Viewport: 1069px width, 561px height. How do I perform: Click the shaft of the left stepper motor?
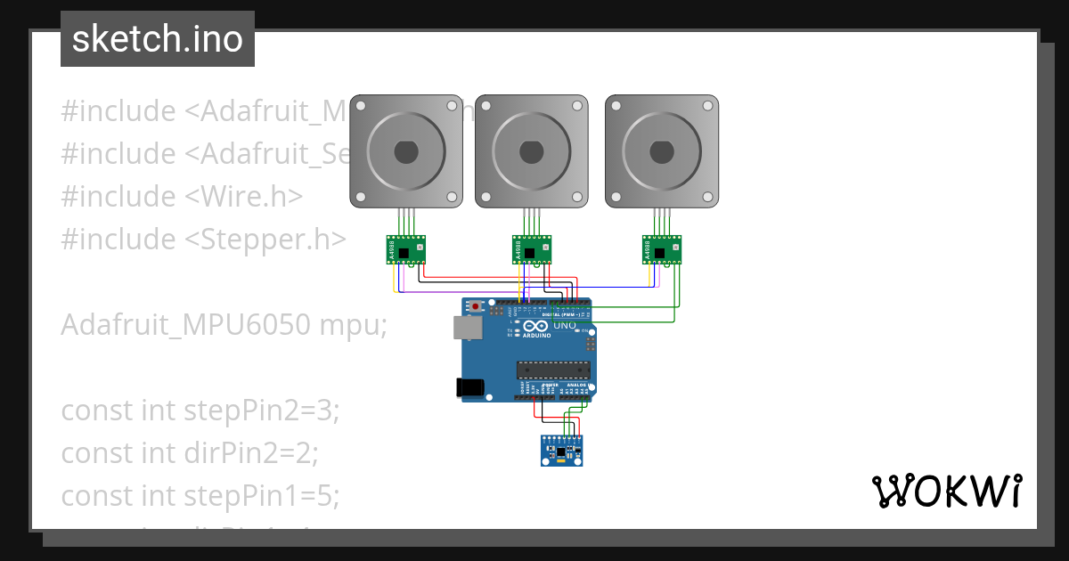tap(405, 151)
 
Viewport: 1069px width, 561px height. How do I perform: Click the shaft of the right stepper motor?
tap(661, 151)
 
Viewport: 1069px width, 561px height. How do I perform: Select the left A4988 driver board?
tap(406, 250)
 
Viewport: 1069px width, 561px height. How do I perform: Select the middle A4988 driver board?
tap(532, 250)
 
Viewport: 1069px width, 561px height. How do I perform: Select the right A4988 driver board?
tap(662, 250)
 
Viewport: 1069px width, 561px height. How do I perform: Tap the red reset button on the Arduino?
tap(476, 307)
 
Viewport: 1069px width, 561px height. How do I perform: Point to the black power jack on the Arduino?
tap(469, 387)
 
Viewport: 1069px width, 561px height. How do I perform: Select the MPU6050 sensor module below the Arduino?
tap(563, 450)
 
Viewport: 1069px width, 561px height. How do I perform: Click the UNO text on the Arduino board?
tap(564, 326)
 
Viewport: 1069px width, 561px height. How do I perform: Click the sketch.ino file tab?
tap(158, 39)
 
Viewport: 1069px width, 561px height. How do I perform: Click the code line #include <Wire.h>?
tap(182, 196)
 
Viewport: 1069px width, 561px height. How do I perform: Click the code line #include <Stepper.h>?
tap(203, 239)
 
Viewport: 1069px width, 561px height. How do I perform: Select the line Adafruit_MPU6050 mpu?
tap(224, 325)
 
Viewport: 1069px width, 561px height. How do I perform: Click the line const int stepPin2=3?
tap(200, 411)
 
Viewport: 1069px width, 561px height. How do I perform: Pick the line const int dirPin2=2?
tap(189, 453)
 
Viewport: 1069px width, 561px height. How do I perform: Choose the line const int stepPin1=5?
tap(200, 496)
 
